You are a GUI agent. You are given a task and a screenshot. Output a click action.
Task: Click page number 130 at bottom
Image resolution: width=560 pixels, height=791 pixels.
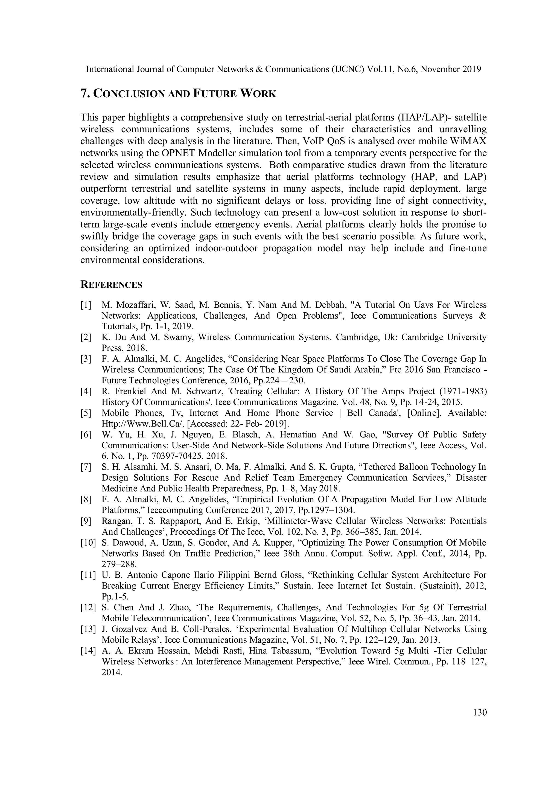click(x=480, y=713)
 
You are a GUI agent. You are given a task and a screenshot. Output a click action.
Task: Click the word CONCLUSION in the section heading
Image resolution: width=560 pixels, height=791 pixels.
click(x=130, y=94)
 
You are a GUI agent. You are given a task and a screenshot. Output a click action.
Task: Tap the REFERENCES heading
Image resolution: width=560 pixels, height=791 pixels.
click(x=111, y=285)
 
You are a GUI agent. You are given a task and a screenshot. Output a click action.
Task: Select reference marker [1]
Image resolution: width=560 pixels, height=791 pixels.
click(x=86, y=305)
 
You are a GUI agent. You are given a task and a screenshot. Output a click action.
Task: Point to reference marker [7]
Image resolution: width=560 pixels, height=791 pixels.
click(x=86, y=467)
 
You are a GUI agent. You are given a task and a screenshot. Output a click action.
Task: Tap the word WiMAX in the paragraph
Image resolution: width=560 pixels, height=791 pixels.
click(x=470, y=141)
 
